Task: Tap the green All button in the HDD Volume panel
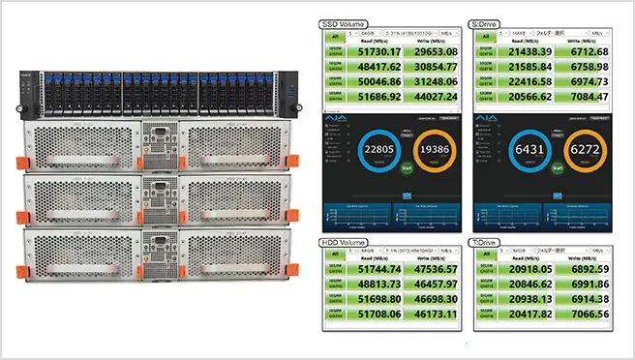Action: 334,253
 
